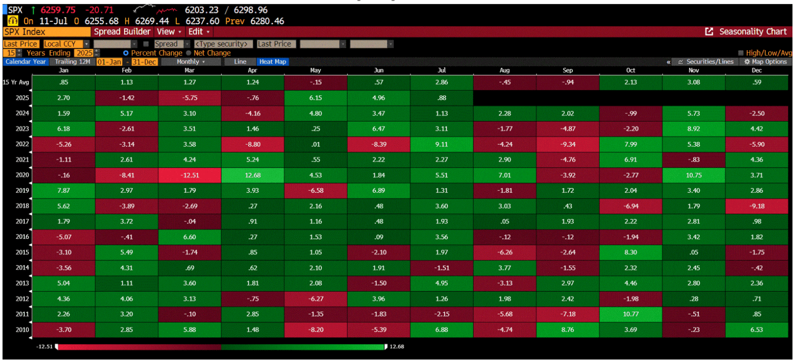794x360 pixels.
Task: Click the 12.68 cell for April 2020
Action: click(253, 175)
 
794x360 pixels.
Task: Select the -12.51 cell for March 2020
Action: click(190, 175)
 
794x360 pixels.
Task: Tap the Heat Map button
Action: click(272, 62)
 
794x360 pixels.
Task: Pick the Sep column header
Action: click(568, 70)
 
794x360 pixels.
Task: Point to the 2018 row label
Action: click(10, 206)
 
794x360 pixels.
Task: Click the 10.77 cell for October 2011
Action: click(631, 314)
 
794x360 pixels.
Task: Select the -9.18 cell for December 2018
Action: click(757, 206)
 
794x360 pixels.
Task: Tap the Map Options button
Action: click(766, 62)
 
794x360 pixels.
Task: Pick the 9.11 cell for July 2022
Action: click(442, 144)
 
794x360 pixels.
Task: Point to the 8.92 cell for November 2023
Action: click(694, 129)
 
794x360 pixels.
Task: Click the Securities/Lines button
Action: click(705, 62)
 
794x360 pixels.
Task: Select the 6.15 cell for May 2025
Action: click(316, 98)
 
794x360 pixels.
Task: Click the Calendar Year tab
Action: click(26, 62)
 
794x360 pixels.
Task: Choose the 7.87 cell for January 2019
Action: click(64, 191)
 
